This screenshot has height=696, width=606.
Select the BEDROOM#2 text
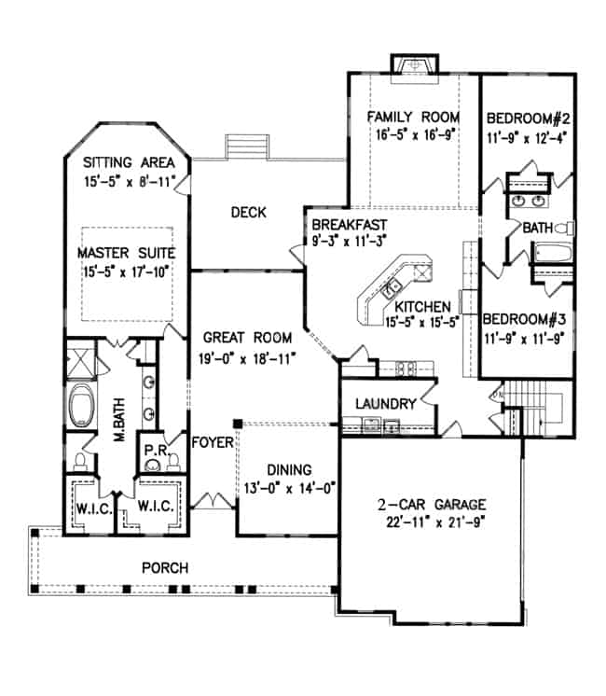[527, 118]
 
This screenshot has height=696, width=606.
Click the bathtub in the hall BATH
[550, 251]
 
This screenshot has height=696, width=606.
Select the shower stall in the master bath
[81, 358]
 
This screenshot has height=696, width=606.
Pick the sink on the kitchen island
[394, 284]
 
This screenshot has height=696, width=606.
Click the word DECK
[248, 214]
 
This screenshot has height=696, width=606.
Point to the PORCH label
[165, 567]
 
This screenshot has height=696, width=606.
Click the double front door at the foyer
[215, 501]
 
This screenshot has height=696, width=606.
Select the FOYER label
[212, 442]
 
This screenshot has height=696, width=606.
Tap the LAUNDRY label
[383, 404]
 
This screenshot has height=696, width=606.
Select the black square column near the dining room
[239, 424]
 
